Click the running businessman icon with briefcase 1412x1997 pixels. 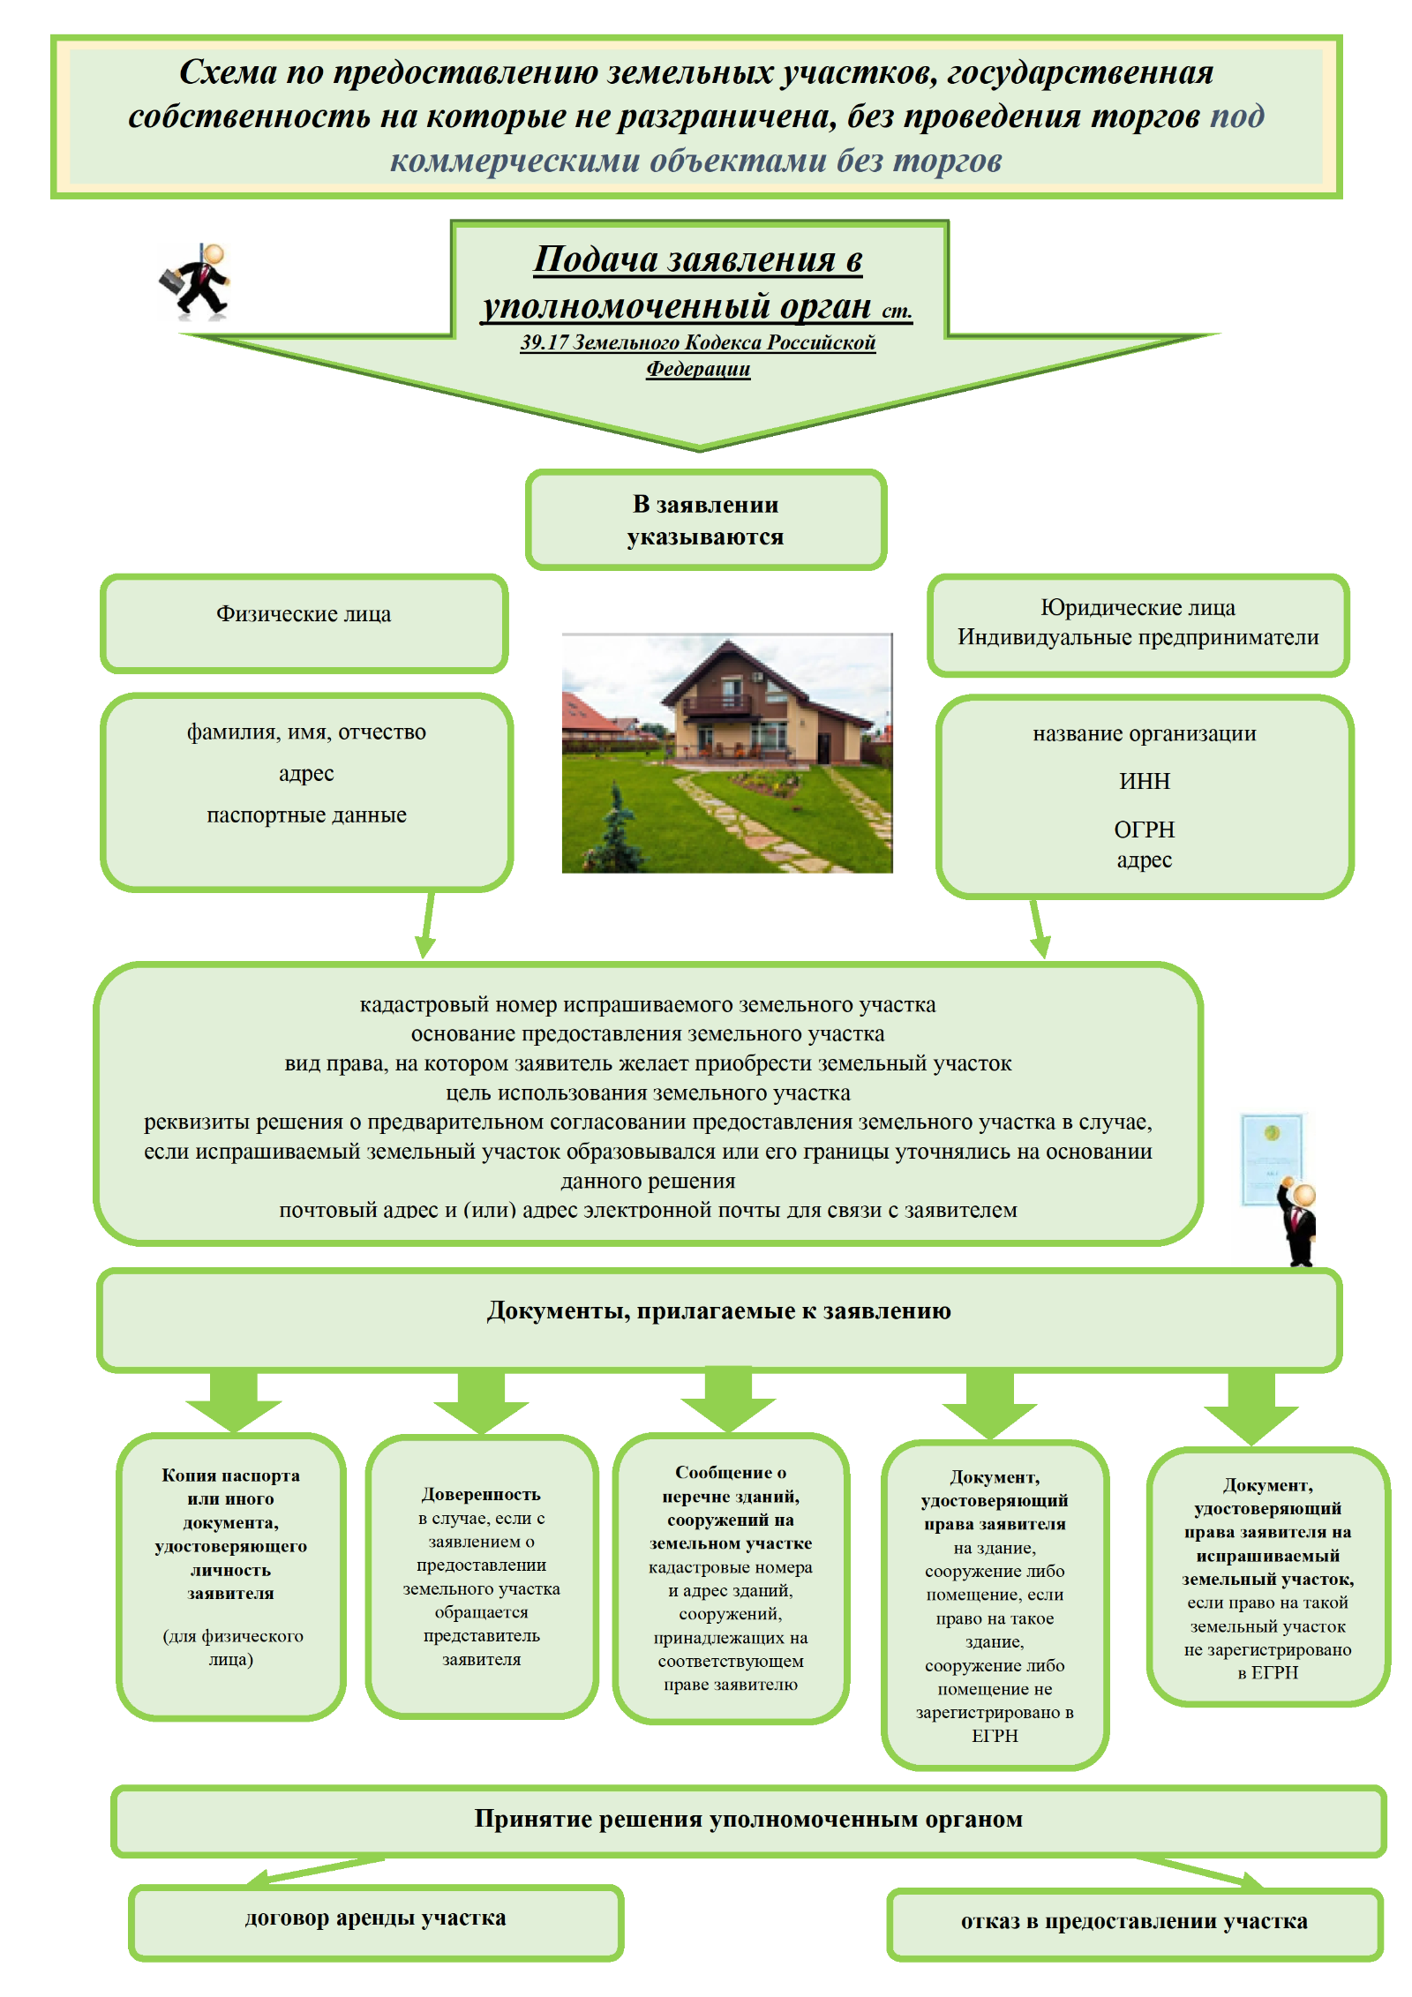tap(196, 282)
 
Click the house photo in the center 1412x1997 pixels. tap(727, 753)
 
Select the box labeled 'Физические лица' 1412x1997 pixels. tap(304, 623)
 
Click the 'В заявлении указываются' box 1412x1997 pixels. tap(706, 520)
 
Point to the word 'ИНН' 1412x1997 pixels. tap(1145, 781)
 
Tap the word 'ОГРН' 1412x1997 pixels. tap(1145, 830)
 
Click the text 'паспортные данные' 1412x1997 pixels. tap(306, 815)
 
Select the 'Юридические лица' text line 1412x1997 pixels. tap(1138, 607)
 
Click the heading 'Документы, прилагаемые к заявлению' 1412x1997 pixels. tap(718, 1310)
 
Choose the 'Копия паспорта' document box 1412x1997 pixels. tap(231, 1575)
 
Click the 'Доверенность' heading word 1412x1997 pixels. tap(481, 1494)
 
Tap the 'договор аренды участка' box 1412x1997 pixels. tap(376, 1918)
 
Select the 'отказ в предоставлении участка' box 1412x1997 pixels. tap(1134, 1922)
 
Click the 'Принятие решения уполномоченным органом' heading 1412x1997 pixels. tap(748, 1819)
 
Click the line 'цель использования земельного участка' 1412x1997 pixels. tap(648, 1092)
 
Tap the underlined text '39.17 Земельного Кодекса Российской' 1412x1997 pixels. tap(697, 342)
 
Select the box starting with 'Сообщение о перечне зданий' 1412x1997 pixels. tap(731, 1577)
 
